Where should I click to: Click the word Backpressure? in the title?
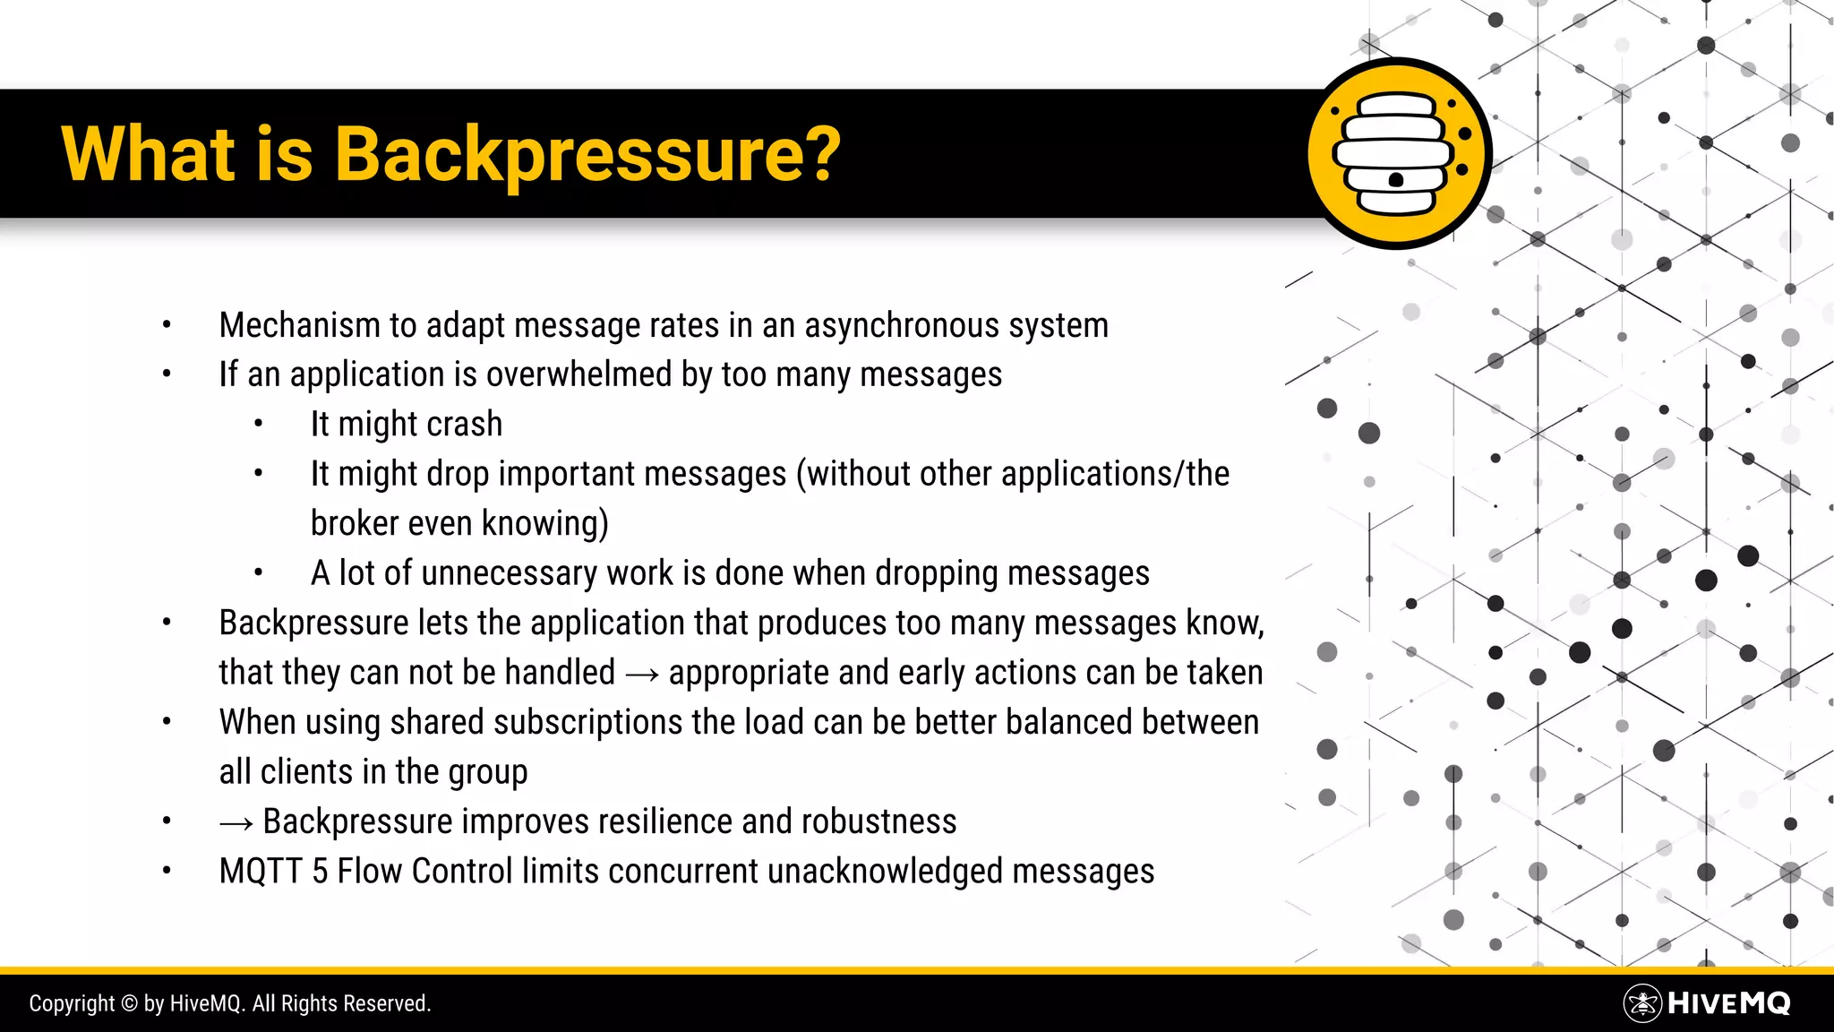point(587,154)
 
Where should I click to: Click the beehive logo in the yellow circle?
point(1397,154)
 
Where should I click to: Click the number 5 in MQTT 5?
point(320,872)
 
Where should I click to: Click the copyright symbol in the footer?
point(129,1004)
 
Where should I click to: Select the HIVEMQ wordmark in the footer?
point(1728,1003)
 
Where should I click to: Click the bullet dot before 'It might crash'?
point(258,425)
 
